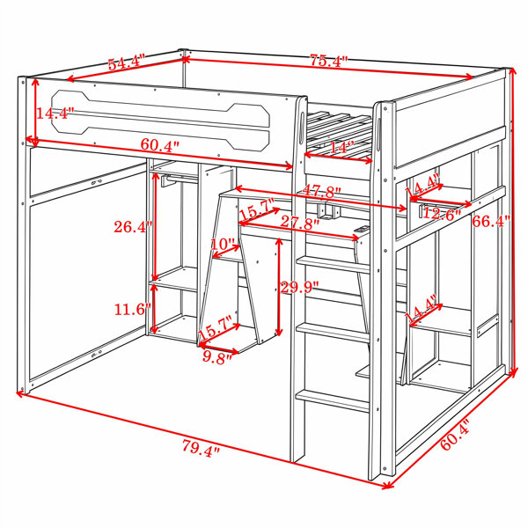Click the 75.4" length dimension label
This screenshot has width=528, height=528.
coord(328,61)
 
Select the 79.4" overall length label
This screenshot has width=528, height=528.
coord(201,448)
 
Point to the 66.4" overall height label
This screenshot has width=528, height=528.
coord(491,221)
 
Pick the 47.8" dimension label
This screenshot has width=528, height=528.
coord(321,191)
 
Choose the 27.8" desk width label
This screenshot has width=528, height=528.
coord(300,222)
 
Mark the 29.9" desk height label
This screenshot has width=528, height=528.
coord(300,287)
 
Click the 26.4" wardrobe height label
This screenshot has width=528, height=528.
coord(134,227)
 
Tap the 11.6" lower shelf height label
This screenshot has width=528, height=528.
coord(133,309)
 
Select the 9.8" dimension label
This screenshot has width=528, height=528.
coord(217,357)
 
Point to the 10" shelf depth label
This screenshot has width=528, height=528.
coord(223,244)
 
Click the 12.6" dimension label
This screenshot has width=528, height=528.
coord(442,213)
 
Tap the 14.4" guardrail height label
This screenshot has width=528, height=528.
coord(55,114)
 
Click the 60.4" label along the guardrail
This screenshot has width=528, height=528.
coord(160,145)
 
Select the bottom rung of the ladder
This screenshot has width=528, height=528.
coord(332,400)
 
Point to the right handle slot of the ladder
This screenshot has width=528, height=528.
coord(378,135)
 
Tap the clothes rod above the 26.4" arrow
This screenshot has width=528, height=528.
coord(180,180)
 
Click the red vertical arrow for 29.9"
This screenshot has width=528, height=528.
coord(279,287)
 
